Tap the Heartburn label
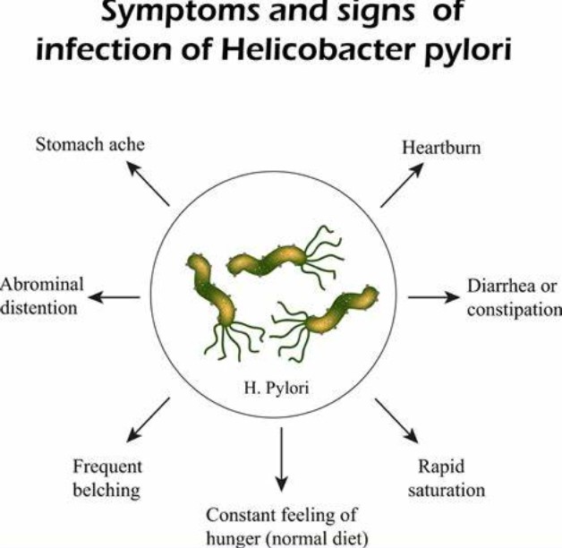tap(440, 147)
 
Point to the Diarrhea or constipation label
tap(513, 297)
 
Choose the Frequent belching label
tap(106, 478)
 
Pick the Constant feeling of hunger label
tap(283, 527)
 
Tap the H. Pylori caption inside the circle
tap(281, 389)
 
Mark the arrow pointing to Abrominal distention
tap(115, 296)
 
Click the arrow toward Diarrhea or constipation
tap(432, 296)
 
